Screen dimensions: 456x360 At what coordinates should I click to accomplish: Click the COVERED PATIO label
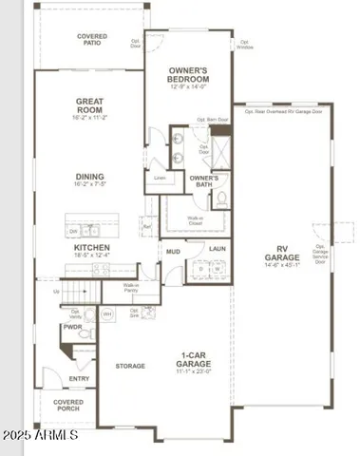(x=92, y=39)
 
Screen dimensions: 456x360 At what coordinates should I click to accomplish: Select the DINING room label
(x=92, y=177)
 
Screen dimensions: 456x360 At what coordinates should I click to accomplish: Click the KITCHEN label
(x=92, y=248)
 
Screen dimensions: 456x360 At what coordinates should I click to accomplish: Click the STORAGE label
(x=130, y=365)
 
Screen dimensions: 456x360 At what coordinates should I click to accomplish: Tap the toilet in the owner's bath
(x=220, y=199)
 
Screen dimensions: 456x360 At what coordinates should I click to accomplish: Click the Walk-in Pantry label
(x=133, y=288)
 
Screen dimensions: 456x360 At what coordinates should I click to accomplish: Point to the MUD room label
(x=173, y=252)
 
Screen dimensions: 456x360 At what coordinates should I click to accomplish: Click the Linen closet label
(x=159, y=178)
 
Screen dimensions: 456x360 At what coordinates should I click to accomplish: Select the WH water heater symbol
(x=106, y=313)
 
